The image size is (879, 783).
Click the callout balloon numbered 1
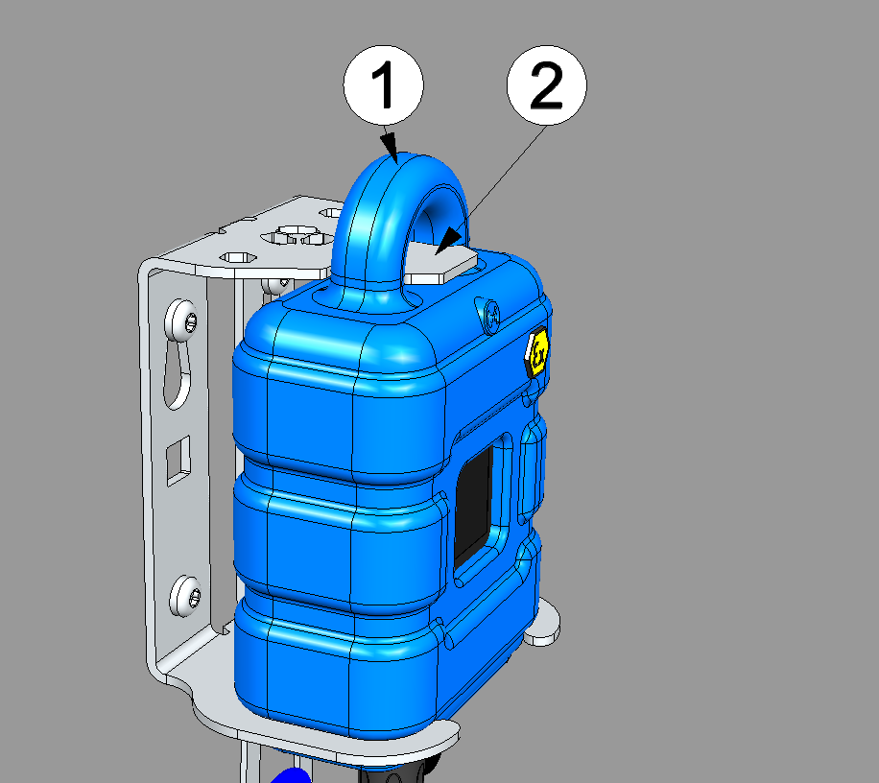(384, 85)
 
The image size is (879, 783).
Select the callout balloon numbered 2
(547, 85)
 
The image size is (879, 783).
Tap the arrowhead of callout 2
(448, 241)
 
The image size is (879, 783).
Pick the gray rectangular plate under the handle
(440, 262)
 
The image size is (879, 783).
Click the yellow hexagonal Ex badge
(537, 351)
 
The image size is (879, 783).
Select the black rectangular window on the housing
(474, 506)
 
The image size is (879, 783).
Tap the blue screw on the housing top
(491, 317)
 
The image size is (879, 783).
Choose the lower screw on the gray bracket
(185, 596)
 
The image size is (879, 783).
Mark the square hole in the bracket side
(178, 461)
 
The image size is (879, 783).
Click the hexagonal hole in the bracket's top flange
(238, 258)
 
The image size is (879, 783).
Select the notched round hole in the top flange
(295, 235)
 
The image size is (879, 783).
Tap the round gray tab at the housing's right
(542, 624)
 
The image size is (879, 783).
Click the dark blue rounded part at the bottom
(291, 776)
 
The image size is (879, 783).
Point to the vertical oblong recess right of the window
(531, 471)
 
